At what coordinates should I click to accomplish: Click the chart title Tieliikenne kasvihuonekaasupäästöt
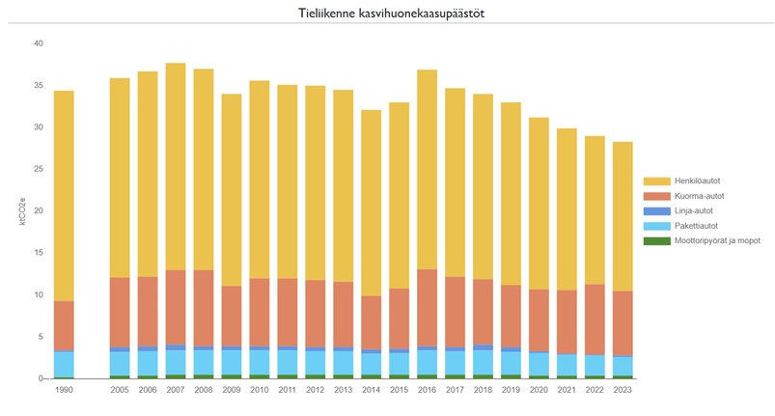(387, 14)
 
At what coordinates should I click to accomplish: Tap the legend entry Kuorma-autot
(686, 196)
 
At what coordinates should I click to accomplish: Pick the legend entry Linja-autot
(681, 210)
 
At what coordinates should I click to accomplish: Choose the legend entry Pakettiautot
(684, 225)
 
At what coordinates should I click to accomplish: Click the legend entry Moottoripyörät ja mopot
(706, 239)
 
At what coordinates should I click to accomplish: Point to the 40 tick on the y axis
(38, 43)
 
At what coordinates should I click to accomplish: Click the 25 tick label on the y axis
(38, 169)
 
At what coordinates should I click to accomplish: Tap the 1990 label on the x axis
(64, 390)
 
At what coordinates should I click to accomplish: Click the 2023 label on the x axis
(624, 390)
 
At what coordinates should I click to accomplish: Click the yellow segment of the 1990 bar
(64, 193)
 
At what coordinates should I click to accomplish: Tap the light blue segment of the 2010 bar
(260, 361)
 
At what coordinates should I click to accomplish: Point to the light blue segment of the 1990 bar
(64, 364)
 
